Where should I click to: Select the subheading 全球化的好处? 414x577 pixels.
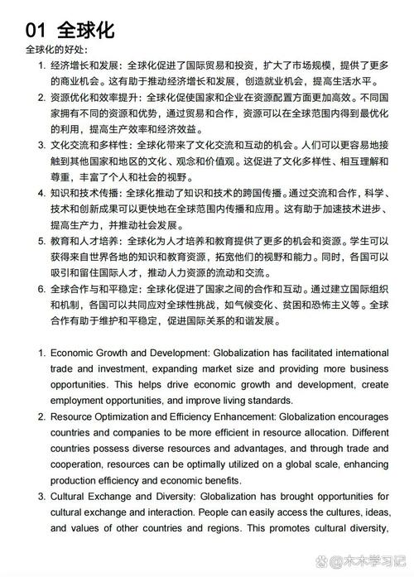(x=59, y=50)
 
